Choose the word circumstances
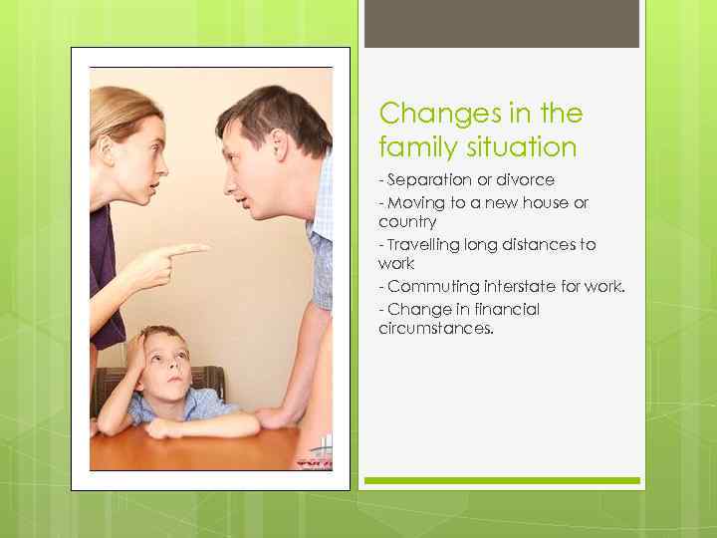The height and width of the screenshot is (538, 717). coord(435,329)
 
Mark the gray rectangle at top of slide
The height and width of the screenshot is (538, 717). coord(501,23)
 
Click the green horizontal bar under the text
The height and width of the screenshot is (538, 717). coord(501,480)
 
